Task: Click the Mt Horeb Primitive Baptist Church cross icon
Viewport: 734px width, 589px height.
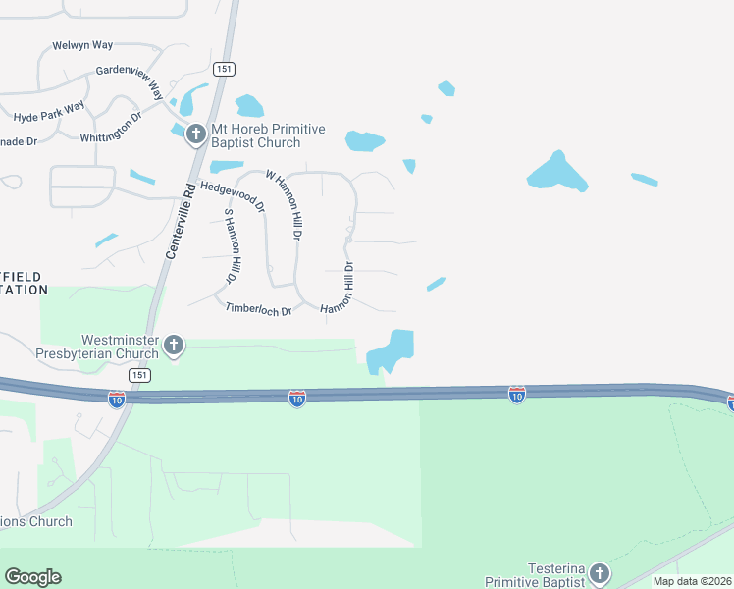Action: (195, 133)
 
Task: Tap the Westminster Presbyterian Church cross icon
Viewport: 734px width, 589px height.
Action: (174, 345)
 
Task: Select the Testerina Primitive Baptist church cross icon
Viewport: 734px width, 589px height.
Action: (600, 573)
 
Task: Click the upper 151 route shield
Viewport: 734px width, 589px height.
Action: (225, 68)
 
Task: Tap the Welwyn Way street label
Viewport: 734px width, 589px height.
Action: (82, 46)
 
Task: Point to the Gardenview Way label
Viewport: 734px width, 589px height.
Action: (130, 78)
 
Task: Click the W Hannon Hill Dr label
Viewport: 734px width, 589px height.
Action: (283, 204)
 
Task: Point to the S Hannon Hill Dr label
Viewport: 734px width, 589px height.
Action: (232, 245)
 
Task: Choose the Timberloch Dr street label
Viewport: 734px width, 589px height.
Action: (259, 309)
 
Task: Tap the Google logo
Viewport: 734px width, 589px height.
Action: (32, 577)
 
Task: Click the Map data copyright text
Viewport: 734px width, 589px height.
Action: (692, 581)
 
